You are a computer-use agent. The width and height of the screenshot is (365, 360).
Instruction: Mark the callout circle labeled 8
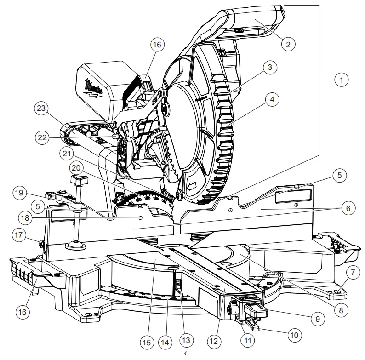(x=341, y=310)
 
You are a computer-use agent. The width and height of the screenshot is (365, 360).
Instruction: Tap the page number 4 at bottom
(x=184, y=354)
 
